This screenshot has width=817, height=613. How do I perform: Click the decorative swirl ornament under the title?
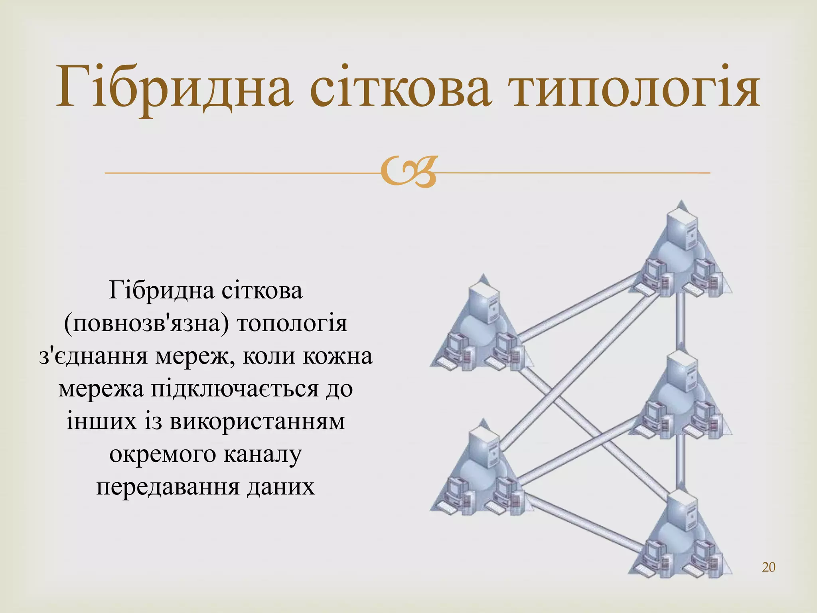point(408,172)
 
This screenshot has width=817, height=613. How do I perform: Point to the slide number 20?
point(768,567)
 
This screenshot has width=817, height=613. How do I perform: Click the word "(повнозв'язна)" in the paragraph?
point(146,323)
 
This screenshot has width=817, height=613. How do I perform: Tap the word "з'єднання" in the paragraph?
point(93,356)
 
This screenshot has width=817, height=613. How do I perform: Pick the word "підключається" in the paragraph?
point(234,389)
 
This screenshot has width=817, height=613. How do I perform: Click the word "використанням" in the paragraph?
point(257,421)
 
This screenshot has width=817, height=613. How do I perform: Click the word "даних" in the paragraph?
point(281,487)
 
